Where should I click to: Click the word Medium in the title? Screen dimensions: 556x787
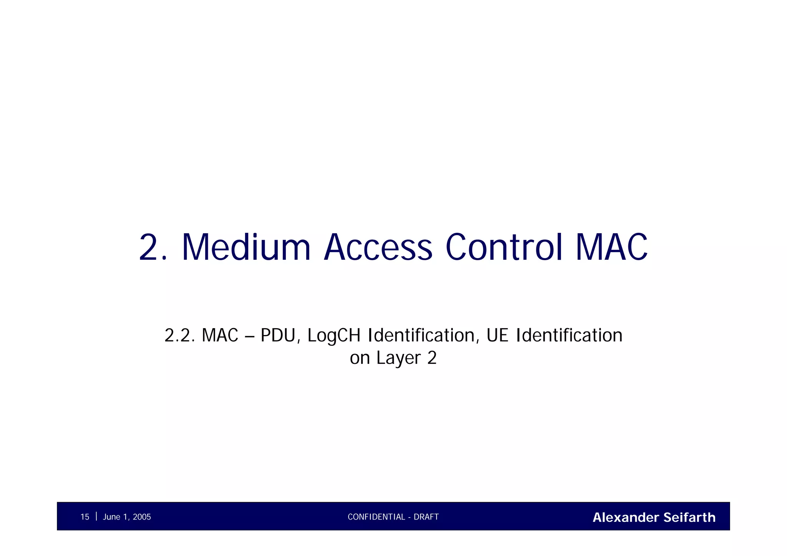[246, 247]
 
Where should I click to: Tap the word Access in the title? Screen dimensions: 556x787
[378, 247]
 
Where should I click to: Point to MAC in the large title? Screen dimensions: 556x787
[611, 247]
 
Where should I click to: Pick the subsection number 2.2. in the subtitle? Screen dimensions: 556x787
[180, 335]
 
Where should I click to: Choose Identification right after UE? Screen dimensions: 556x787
[569, 335]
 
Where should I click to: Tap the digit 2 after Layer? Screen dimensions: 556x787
[432, 358]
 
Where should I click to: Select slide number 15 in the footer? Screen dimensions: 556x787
[85, 517]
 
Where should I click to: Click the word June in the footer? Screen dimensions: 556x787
[112, 517]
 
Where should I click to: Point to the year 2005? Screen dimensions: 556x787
[142, 517]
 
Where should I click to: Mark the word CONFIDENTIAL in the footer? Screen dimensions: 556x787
[376, 517]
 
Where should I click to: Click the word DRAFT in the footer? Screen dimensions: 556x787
[426, 517]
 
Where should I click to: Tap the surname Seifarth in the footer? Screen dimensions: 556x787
[689, 518]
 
